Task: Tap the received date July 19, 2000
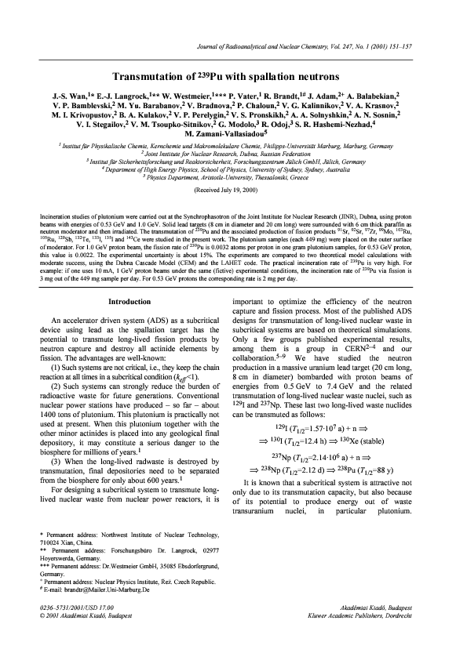pos(234,190)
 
